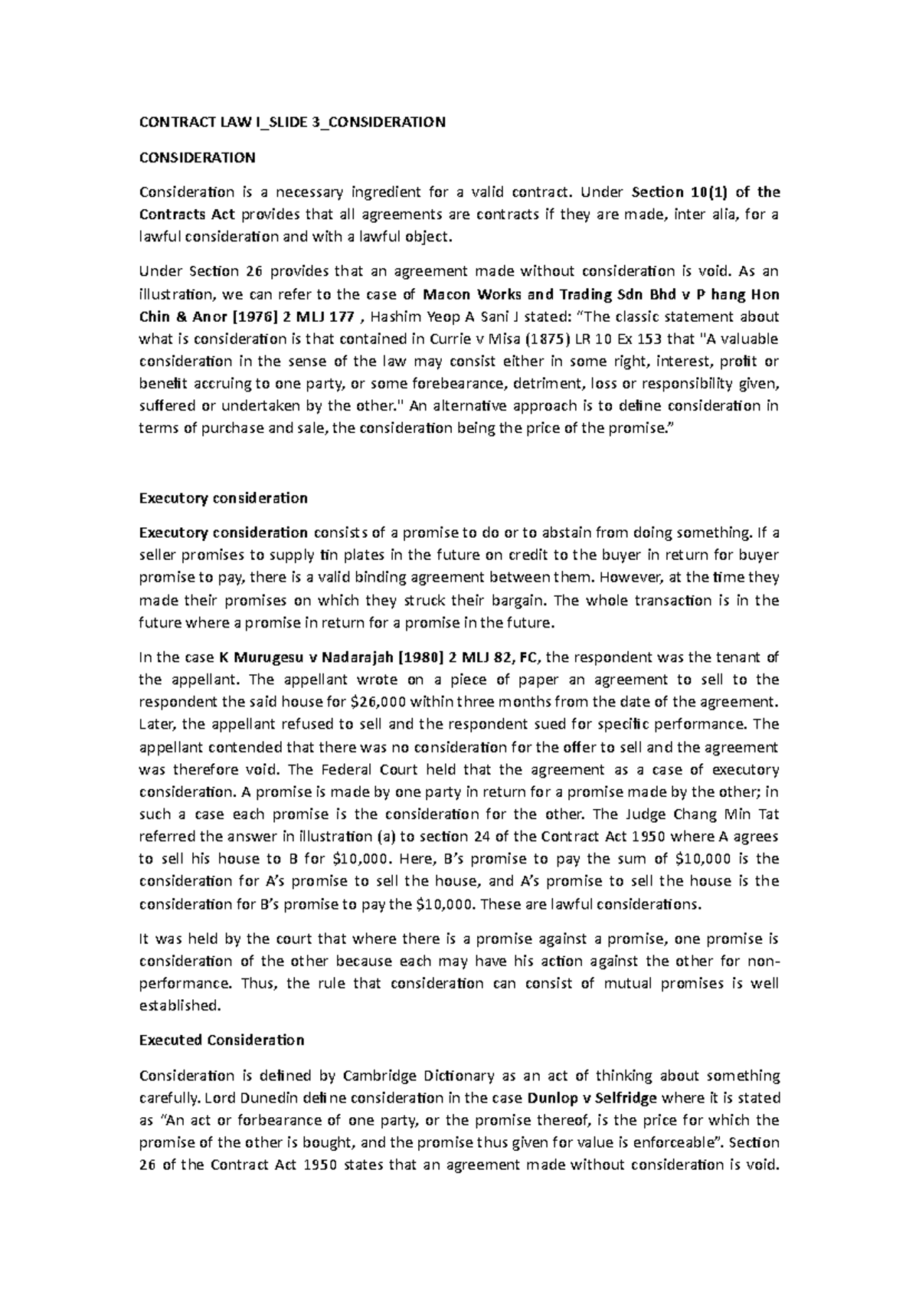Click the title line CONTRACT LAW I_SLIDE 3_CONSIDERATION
292,122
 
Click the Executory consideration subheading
223,498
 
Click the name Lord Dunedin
253,1098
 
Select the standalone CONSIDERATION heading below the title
197,158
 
